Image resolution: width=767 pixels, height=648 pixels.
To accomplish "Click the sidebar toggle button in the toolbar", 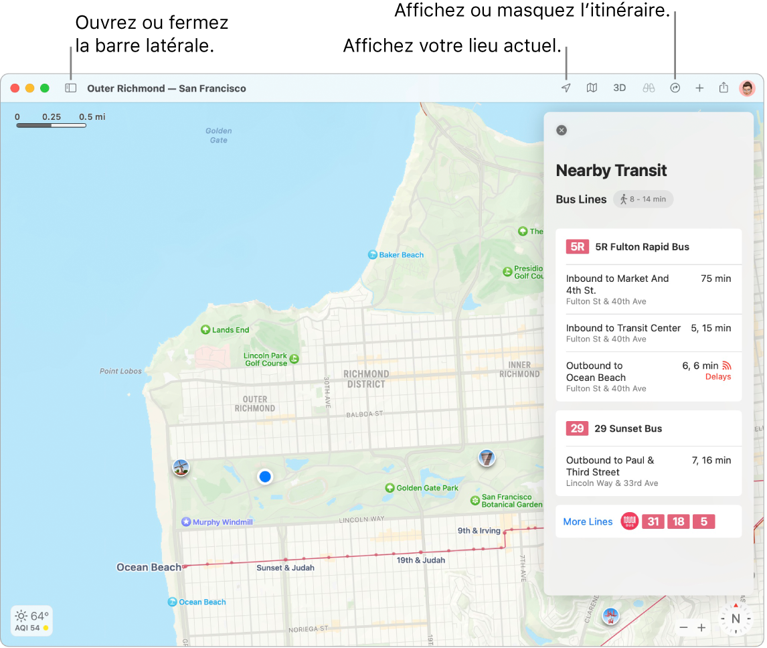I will click(71, 88).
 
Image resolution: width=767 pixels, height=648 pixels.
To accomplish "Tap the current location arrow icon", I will click(566, 88).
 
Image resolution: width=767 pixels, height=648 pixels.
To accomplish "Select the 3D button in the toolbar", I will click(620, 88).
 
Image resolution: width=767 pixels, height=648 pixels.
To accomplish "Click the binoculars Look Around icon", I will click(649, 88).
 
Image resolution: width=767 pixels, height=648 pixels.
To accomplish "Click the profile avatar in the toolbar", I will click(747, 88).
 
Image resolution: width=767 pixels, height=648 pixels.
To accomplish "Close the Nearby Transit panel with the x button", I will click(562, 131).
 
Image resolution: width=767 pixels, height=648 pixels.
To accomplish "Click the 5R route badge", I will click(577, 246).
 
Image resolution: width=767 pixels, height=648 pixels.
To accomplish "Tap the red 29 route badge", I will click(577, 428).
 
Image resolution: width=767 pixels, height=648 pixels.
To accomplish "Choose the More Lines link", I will click(588, 521).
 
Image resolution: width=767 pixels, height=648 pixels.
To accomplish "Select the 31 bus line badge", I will click(653, 521).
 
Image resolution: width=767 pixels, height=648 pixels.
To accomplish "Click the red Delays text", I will click(718, 377).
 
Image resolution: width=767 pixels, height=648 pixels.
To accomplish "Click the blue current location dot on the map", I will click(266, 477).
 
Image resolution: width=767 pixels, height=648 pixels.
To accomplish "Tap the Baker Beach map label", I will click(401, 255).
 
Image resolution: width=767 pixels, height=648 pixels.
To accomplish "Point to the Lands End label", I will click(230, 330).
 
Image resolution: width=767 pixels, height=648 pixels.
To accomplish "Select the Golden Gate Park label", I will click(427, 488).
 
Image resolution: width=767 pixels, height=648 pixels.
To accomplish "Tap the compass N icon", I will click(736, 619).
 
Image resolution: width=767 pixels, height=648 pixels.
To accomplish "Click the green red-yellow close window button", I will click(15, 88).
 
